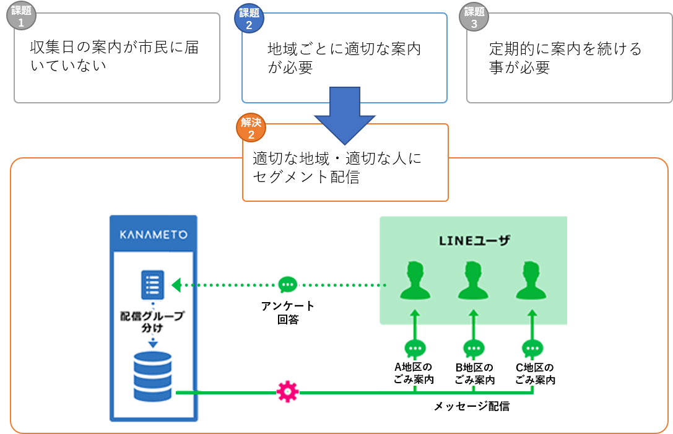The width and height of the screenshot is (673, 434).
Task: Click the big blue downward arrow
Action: pos(344,114)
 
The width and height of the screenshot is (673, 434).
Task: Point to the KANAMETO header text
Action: pos(153,235)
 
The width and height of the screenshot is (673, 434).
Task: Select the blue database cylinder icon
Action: pos(152,377)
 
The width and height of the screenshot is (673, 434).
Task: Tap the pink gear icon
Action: pos(287,392)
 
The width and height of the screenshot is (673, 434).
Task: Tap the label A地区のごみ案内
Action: pos(414,373)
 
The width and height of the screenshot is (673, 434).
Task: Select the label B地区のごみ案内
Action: pos(475,373)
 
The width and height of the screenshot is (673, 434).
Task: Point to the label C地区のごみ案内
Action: pos(535,373)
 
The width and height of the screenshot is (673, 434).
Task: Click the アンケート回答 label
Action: pos(288,313)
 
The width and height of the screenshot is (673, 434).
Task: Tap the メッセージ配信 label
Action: pos(471,407)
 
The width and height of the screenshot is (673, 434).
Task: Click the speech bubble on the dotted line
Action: pos(288,285)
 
